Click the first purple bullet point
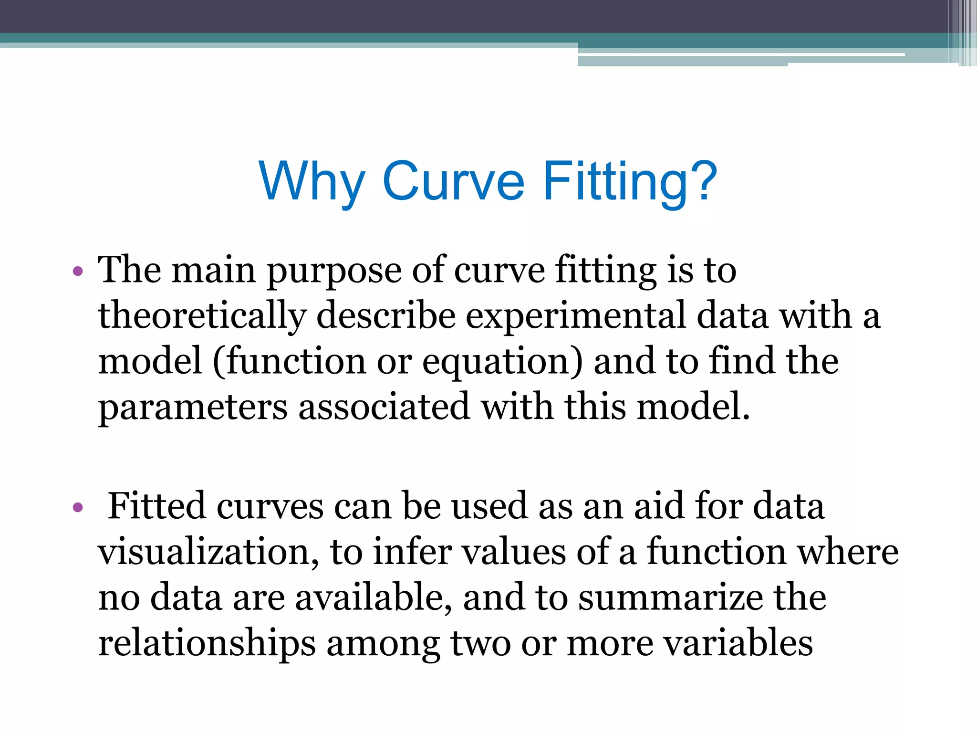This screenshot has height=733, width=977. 78,272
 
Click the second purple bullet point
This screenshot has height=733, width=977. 78,508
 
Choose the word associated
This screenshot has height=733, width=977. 385,407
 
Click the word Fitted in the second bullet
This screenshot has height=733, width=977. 157,506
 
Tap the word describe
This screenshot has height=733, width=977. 385,316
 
